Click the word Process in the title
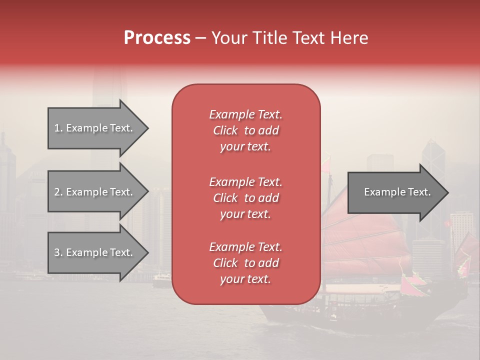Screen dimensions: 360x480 pos(157,38)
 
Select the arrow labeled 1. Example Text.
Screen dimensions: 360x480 pos(95,128)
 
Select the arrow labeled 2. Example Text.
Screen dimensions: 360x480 pos(95,192)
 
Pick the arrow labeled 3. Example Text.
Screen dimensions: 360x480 pos(95,252)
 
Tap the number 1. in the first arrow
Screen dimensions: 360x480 pos(58,128)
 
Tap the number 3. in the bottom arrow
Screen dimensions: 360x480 pos(58,252)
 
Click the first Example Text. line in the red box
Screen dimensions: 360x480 pos(245,114)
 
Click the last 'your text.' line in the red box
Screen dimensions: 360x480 pos(245,279)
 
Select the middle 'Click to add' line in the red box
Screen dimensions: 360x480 pos(245,198)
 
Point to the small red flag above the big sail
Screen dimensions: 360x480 pos(326,164)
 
